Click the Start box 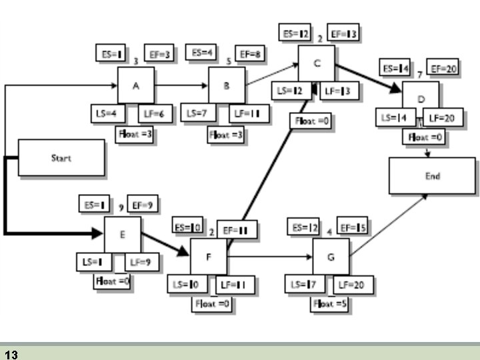[x=61, y=158]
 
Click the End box [x=432, y=176]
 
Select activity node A [x=136, y=85]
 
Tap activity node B [x=227, y=85]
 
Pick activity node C [x=316, y=64]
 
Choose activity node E [x=122, y=235]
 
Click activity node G [x=331, y=255]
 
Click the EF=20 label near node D [x=442, y=68]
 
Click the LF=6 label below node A [x=155, y=114]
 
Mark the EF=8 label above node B [x=251, y=54]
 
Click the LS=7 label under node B [x=198, y=114]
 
